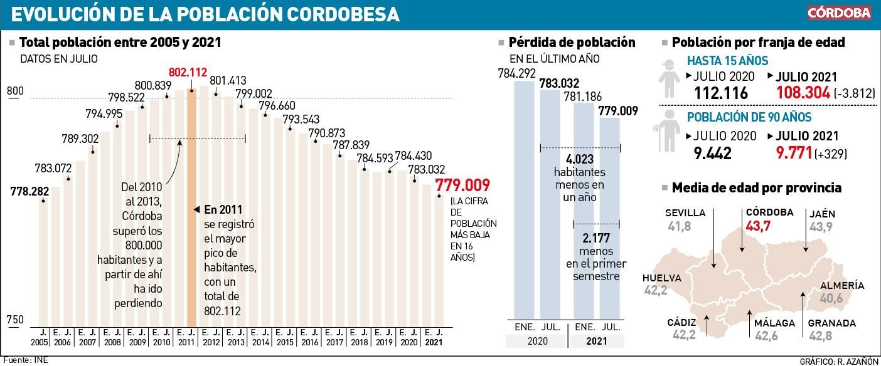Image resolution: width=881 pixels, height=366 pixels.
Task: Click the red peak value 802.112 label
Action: click(x=188, y=71)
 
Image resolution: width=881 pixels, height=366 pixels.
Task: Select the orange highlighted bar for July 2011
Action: click(x=192, y=207)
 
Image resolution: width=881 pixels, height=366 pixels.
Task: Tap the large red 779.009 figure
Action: click(x=462, y=186)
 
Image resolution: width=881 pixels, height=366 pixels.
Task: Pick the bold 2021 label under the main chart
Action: click(x=433, y=343)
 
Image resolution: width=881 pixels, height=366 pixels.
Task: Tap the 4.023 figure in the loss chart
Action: click(x=579, y=159)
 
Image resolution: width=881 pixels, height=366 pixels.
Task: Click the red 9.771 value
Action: click(x=794, y=152)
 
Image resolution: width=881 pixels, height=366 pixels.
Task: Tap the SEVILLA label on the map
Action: click(x=685, y=213)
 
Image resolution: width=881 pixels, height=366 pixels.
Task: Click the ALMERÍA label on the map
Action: click(x=841, y=286)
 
